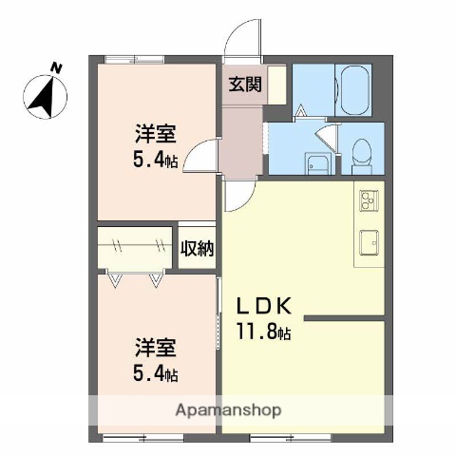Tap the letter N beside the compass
point(56,68)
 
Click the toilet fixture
point(362,153)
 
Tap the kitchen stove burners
point(369,201)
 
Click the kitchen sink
point(369,243)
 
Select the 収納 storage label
point(198,249)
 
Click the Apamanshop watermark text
point(228,411)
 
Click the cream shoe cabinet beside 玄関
point(275,84)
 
